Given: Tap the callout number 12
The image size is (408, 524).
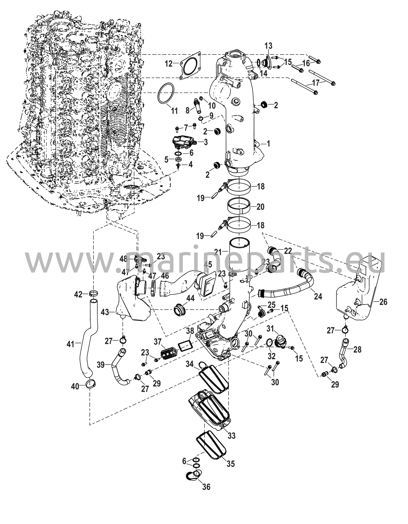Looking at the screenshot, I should coord(169,64).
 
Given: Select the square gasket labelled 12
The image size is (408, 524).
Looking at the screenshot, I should coord(190,66).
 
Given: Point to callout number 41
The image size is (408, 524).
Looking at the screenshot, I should coord(70,344).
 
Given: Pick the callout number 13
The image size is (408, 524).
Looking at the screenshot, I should coord(268,46).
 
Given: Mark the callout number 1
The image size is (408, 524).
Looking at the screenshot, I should coord(268,144).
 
